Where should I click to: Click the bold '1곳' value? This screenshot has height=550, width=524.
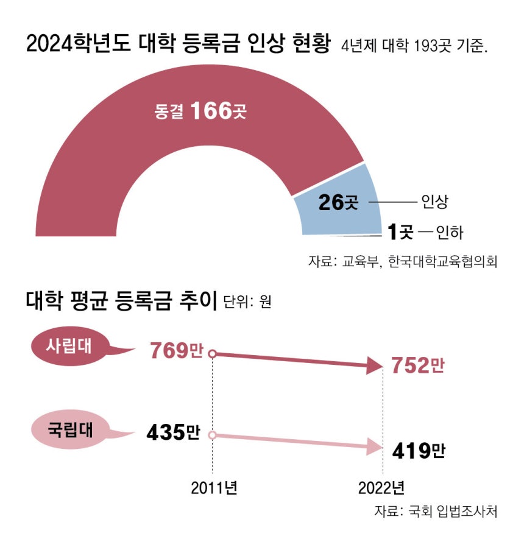point(401,231)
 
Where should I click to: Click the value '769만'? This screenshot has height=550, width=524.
point(176,351)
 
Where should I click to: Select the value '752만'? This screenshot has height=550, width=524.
point(418,365)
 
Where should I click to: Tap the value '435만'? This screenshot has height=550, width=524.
point(174,432)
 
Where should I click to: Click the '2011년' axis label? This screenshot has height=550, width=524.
point(213,488)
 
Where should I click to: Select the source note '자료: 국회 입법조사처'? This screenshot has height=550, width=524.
point(436,511)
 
